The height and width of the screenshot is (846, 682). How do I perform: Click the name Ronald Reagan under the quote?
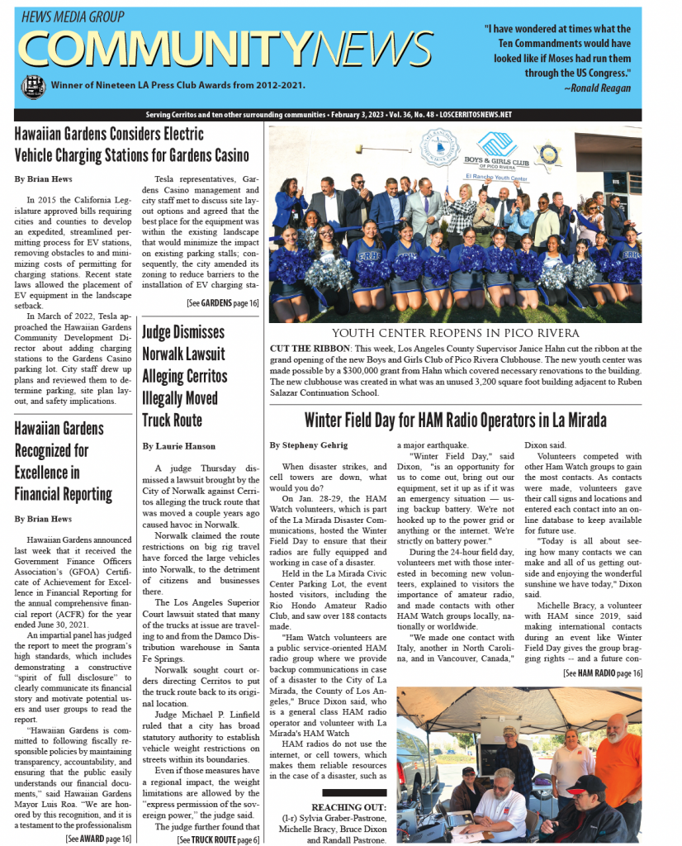click(x=598, y=88)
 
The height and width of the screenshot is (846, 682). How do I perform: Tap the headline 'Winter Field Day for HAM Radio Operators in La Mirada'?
click(x=455, y=420)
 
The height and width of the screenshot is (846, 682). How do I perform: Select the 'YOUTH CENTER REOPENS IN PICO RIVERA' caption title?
click(x=455, y=333)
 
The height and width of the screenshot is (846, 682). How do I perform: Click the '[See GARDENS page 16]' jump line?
click(x=222, y=303)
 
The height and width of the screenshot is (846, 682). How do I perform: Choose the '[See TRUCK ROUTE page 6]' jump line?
click(x=218, y=839)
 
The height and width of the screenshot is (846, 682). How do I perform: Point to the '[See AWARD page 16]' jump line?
click(x=98, y=839)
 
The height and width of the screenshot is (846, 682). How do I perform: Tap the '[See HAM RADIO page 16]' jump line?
click(x=602, y=673)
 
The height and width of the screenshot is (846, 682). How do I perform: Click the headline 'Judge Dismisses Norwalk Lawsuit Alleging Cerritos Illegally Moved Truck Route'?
click(x=182, y=376)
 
